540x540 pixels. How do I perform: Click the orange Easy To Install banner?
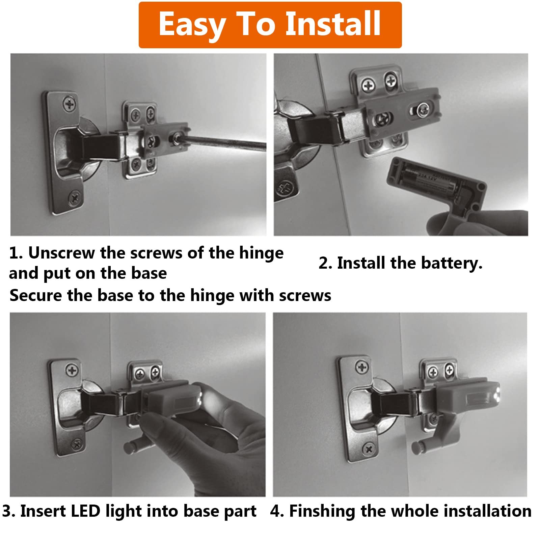[270, 25]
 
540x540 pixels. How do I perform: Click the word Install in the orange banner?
[333, 23]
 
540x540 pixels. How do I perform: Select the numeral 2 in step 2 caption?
[323, 263]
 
